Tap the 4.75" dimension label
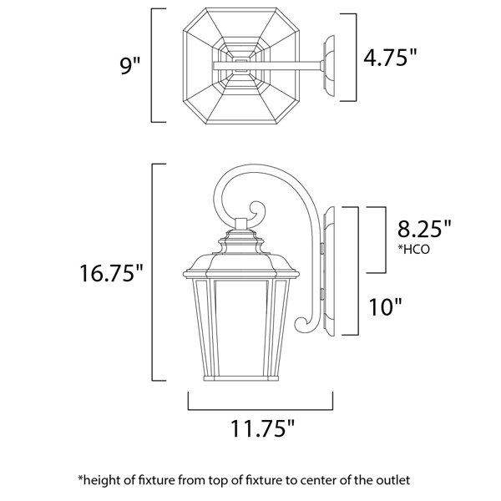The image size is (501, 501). [x=391, y=58]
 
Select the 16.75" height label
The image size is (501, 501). [x=111, y=273]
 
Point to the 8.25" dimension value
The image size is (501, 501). [x=424, y=229]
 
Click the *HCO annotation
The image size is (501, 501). [x=413, y=249]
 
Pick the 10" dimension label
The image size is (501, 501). [x=385, y=306]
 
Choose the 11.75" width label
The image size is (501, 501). [x=262, y=428]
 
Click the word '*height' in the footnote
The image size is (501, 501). [x=98, y=481]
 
